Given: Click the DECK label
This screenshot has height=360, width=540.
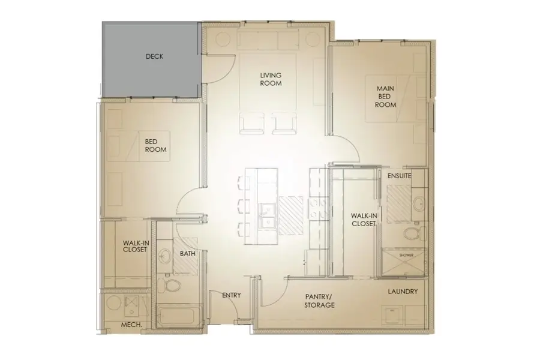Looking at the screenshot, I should click(x=154, y=57).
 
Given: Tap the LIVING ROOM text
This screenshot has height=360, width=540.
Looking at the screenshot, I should click(x=271, y=79).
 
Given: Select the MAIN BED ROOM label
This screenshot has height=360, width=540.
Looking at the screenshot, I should click(x=386, y=96).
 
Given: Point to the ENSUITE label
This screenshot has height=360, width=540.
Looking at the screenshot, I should click(x=399, y=176).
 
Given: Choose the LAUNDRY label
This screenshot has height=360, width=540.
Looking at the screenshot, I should click(x=403, y=292).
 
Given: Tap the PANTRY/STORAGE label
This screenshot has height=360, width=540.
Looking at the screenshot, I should click(x=320, y=301).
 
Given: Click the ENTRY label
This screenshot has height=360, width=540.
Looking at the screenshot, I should click(x=231, y=296).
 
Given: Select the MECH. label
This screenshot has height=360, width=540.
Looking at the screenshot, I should click(x=131, y=325).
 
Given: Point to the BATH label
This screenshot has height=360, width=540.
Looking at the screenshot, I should click(x=188, y=254).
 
